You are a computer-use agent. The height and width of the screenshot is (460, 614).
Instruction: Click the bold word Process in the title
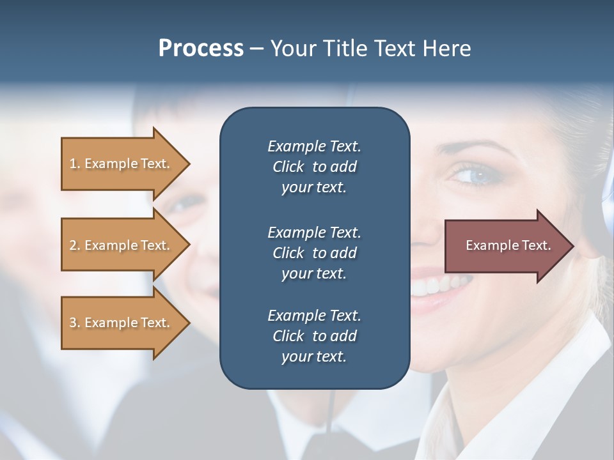click(201, 49)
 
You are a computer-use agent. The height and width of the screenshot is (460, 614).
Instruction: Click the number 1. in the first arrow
click(75, 164)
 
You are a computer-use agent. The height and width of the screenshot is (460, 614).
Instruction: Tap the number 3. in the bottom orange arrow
click(75, 323)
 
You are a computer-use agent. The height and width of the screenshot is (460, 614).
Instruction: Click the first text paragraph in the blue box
click(314, 167)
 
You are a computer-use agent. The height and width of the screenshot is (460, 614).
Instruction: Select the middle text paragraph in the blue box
click(314, 252)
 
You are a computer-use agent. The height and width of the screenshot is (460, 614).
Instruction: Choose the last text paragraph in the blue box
click(314, 336)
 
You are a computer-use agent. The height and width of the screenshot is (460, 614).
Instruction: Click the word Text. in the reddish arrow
click(537, 245)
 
